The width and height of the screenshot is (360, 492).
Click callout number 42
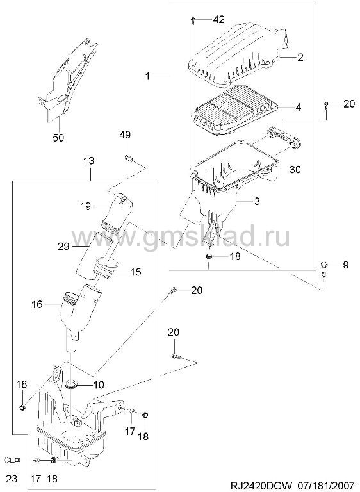pos(219,19)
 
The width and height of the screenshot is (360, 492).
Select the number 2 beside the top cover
pos(300,57)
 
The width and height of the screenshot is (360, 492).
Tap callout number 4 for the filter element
pos(298,107)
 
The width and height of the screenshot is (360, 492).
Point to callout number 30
pos(295,169)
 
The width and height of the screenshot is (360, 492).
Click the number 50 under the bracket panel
pos(58,137)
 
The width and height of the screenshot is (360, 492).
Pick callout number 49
pos(125,135)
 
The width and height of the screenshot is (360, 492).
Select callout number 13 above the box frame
pos(88,161)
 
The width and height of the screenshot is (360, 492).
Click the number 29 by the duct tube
pos(63,246)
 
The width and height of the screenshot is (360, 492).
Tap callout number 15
pos(136,272)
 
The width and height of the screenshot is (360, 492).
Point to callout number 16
pos(37,304)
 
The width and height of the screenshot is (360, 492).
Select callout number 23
pos(12,479)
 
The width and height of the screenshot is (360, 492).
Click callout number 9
pos(345,265)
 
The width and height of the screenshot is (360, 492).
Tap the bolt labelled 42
pos(192,20)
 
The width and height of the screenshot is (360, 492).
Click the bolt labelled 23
pos(12,461)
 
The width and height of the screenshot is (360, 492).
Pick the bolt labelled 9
pos(325,269)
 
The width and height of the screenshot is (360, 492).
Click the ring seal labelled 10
pos(72,384)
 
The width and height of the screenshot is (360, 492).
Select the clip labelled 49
pos(129,158)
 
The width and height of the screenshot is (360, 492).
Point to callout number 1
pos(147,76)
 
